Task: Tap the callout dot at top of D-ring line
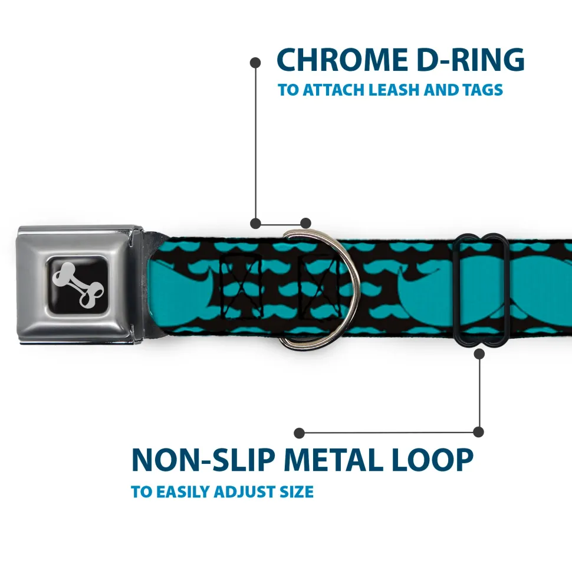point(255,61)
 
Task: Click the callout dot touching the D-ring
point(305,223)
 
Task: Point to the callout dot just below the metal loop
point(479,354)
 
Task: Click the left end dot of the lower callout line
point(300,433)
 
